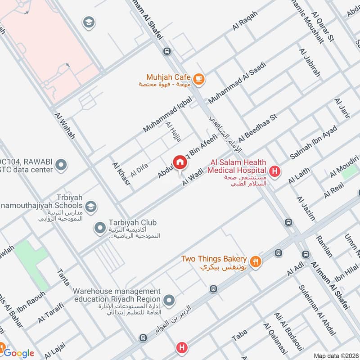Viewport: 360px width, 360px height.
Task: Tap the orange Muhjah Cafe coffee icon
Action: click(199, 80)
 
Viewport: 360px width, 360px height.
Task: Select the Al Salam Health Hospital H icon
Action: click(274, 171)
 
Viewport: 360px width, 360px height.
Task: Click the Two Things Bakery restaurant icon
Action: click(256, 261)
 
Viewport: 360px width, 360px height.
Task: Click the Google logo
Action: click(19, 353)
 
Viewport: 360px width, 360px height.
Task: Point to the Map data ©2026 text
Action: click(335, 355)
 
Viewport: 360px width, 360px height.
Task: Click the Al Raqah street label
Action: click(245, 21)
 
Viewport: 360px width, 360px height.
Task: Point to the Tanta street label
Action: click(63, 277)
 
